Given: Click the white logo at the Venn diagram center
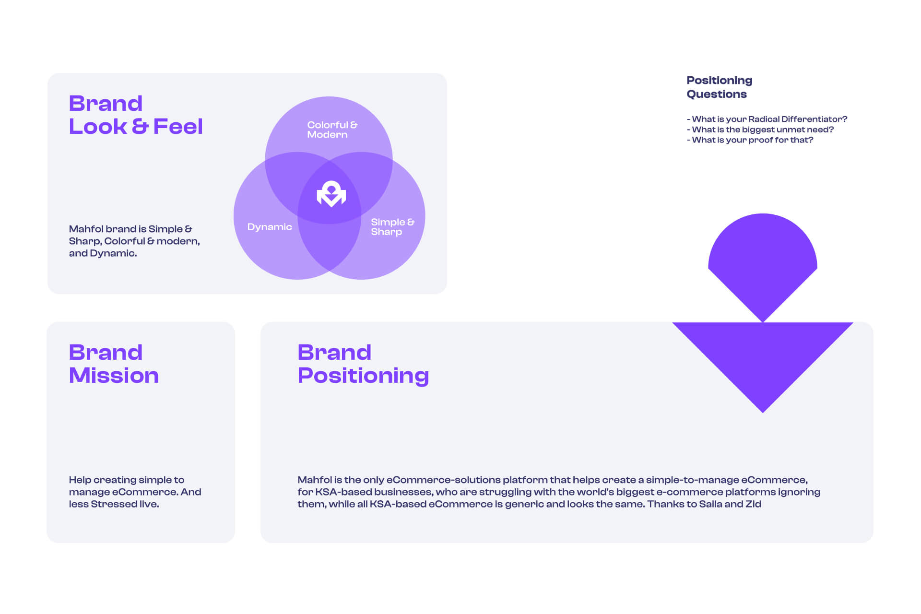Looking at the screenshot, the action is point(331,194).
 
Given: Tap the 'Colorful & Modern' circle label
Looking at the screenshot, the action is point(332,130).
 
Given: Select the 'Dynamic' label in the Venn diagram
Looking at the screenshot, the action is point(270,227).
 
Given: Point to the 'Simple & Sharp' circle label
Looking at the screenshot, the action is point(392,227).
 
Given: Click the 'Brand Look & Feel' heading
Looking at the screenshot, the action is point(136,115).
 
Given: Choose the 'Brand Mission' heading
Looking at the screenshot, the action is point(114,364).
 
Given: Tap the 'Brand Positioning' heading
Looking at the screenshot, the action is point(363,364).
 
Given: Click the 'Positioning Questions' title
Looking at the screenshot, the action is point(720,87).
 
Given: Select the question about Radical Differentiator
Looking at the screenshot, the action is point(767,119).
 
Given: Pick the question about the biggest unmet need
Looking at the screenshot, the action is point(760,130).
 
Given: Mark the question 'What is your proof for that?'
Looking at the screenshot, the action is point(750,140).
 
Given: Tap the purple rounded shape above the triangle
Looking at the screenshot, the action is point(763,264).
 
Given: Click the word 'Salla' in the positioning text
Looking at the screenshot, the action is point(710,504).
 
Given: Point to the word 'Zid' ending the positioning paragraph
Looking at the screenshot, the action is point(753,504).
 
